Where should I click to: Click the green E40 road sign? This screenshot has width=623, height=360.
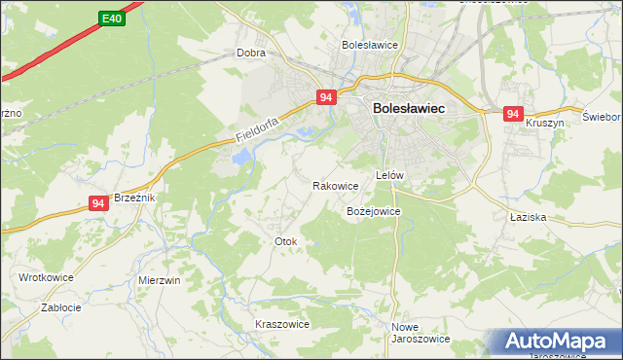[112, 18]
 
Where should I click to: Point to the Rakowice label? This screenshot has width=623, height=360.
[336, 185]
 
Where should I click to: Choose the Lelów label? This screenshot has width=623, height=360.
[389, 175]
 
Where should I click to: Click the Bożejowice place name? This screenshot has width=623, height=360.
[373, 210]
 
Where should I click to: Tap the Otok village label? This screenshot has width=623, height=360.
[285, 241]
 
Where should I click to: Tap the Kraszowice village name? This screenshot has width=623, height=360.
[281, 324]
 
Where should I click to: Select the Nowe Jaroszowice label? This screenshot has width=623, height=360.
[420, 333]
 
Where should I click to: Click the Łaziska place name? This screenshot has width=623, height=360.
[527, 217]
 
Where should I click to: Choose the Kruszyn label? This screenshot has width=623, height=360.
[545, 124]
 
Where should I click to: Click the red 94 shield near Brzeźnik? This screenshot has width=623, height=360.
[97, 203]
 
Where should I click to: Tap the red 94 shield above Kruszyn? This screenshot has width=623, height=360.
[513, 115]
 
